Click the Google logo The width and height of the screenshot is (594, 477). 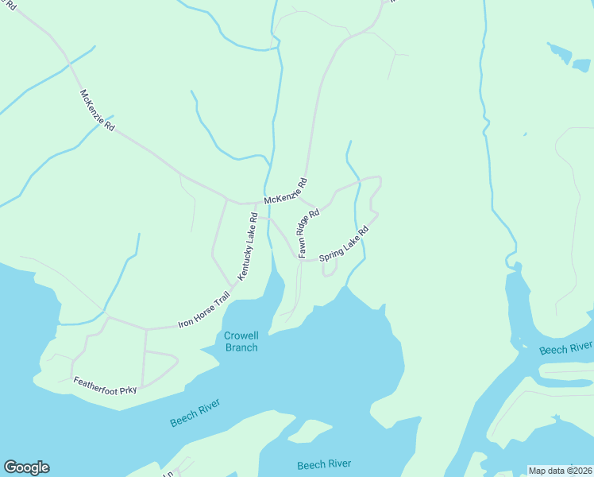[26, 467]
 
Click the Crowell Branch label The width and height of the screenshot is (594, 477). [241, 341]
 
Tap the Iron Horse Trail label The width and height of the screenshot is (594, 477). [203, 310]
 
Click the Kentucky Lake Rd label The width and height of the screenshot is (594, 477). [248, 246]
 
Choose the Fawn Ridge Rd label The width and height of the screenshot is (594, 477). [308, 233]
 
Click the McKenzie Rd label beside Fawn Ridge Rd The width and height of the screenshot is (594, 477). [285, 189]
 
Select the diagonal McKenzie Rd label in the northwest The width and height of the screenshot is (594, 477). [97, 110]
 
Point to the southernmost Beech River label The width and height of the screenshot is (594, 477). [323, 464]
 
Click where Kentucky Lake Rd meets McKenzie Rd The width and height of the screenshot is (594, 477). [256, 202]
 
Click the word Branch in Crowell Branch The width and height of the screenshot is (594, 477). [241, 347]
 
